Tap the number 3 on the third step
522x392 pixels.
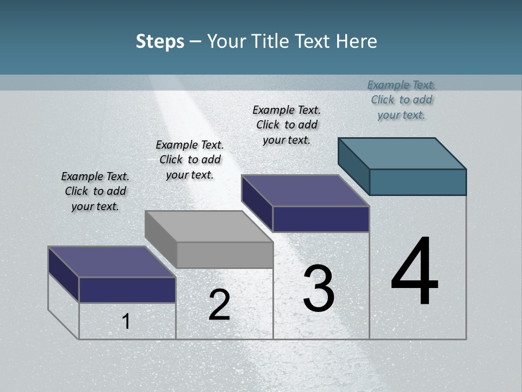click(319, 289)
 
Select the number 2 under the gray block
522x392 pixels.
click(219, 305)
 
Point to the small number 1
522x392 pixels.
click(126, 321)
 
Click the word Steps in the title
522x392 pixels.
click(160, 41)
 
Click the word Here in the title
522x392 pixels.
click(357, 41)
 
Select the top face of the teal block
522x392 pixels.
click(402, 153)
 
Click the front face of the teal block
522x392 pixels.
click(418, 182)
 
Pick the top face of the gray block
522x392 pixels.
click(209, 226)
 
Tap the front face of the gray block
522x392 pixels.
click(225, 255)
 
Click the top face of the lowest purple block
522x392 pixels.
click(111, 261)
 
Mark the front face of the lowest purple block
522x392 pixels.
click(127, 290)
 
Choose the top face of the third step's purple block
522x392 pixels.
click(305, 191)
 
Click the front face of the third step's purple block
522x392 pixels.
click(321, 219)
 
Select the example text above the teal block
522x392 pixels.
click(401, 100)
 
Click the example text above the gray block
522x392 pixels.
click(190, 160)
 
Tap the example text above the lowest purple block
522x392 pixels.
click(95, 191)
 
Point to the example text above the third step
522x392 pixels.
click(287, 125)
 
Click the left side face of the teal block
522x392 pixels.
click(353, 166)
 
